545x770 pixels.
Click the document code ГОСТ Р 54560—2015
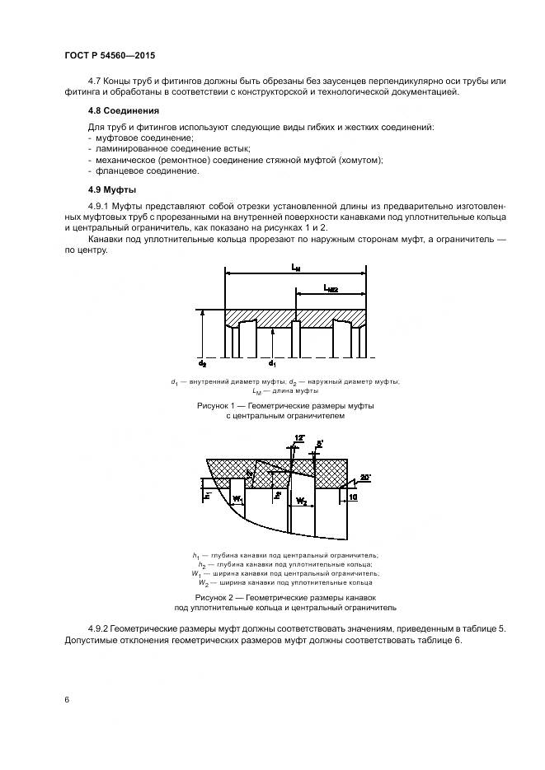[x=109, y=55]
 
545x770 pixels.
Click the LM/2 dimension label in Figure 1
[x=332, y=289]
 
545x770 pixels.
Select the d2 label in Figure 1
[x=202, y=362]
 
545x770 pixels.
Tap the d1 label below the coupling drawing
[x=273, y=362]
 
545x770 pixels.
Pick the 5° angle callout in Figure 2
[x=320, y=442]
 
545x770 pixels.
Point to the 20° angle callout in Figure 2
[x=365, y=477]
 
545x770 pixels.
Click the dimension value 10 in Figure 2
[x=353, y=497]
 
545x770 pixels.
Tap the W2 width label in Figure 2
[x=303, y=500]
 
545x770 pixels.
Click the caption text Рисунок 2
[x=217, y=596]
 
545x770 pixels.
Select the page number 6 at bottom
[x=66, y=699]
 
